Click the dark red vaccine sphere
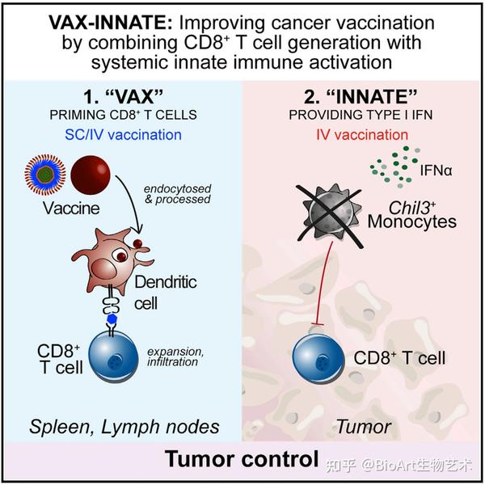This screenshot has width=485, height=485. click(x=91, y=181)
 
